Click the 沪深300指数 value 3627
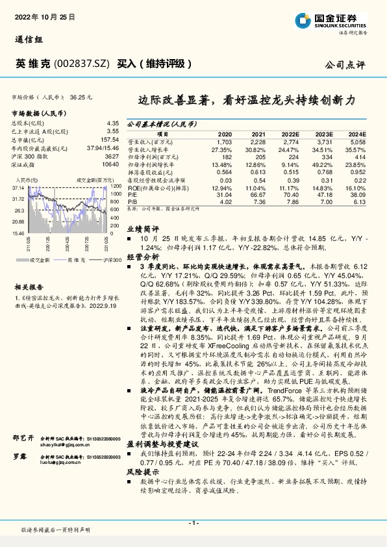click(x=112, y=157)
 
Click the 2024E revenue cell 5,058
click(x=356, y=141)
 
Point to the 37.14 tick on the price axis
click(x=18, y=186)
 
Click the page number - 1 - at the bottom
click(x=193, y=523)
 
